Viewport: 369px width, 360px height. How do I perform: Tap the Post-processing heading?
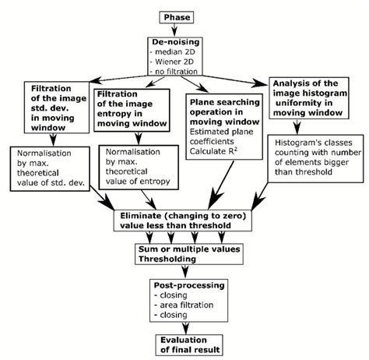pyautogui.click(x=185, y=287)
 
